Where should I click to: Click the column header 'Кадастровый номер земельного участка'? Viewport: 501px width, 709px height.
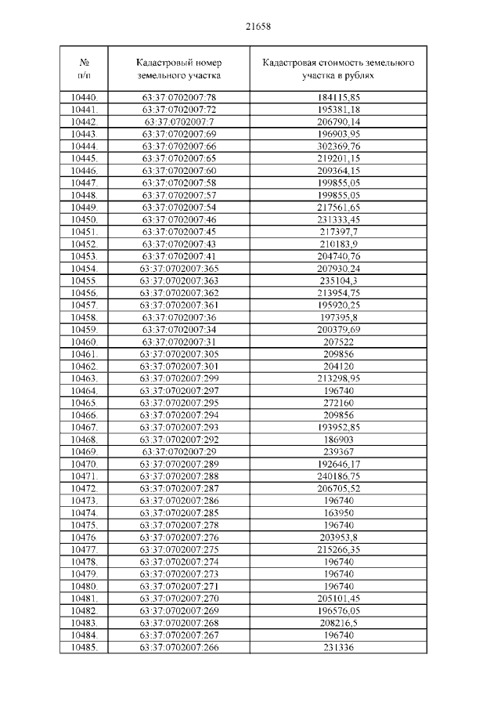tap(178, 69)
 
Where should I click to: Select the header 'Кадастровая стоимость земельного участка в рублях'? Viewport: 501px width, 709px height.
tap(339, 69)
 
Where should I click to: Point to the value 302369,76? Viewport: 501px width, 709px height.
tap(339, 146)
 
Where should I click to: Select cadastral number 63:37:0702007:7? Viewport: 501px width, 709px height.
tap(178, 121)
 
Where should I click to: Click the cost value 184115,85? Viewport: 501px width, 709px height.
tap(339, 96)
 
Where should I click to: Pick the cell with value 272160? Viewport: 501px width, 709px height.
tap(339, 403)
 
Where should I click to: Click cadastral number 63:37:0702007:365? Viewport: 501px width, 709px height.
tap(178, 268)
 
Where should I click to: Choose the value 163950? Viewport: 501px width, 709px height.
tap(339, 512)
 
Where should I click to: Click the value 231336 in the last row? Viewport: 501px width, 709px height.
tap(339, 647)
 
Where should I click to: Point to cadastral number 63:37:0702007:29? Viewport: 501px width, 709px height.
tap(178, 451)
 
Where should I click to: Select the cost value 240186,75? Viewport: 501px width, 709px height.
tap(339, 476)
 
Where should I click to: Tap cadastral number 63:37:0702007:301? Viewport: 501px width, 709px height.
tap(178, 366)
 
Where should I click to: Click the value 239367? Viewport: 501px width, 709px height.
tap(339, 451)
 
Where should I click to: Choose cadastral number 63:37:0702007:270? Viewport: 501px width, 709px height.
tap(178, 599)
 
